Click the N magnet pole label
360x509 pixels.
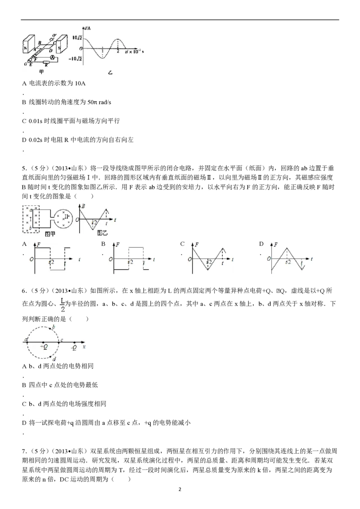(26, 49)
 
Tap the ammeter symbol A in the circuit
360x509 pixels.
(52, 58)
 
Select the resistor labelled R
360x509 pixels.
(46, 63)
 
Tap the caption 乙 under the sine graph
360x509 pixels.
(110, 72)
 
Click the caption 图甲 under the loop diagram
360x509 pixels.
(50, 234)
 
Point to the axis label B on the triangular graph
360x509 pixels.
(84, 205)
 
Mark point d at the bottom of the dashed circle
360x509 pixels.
(54, 358)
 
